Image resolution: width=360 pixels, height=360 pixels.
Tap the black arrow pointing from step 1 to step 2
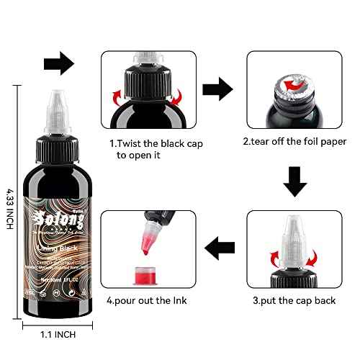coord(217,91)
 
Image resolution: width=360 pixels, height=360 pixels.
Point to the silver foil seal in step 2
coord(294,85)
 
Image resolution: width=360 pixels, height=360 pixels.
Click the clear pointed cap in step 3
coord(295,241)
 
